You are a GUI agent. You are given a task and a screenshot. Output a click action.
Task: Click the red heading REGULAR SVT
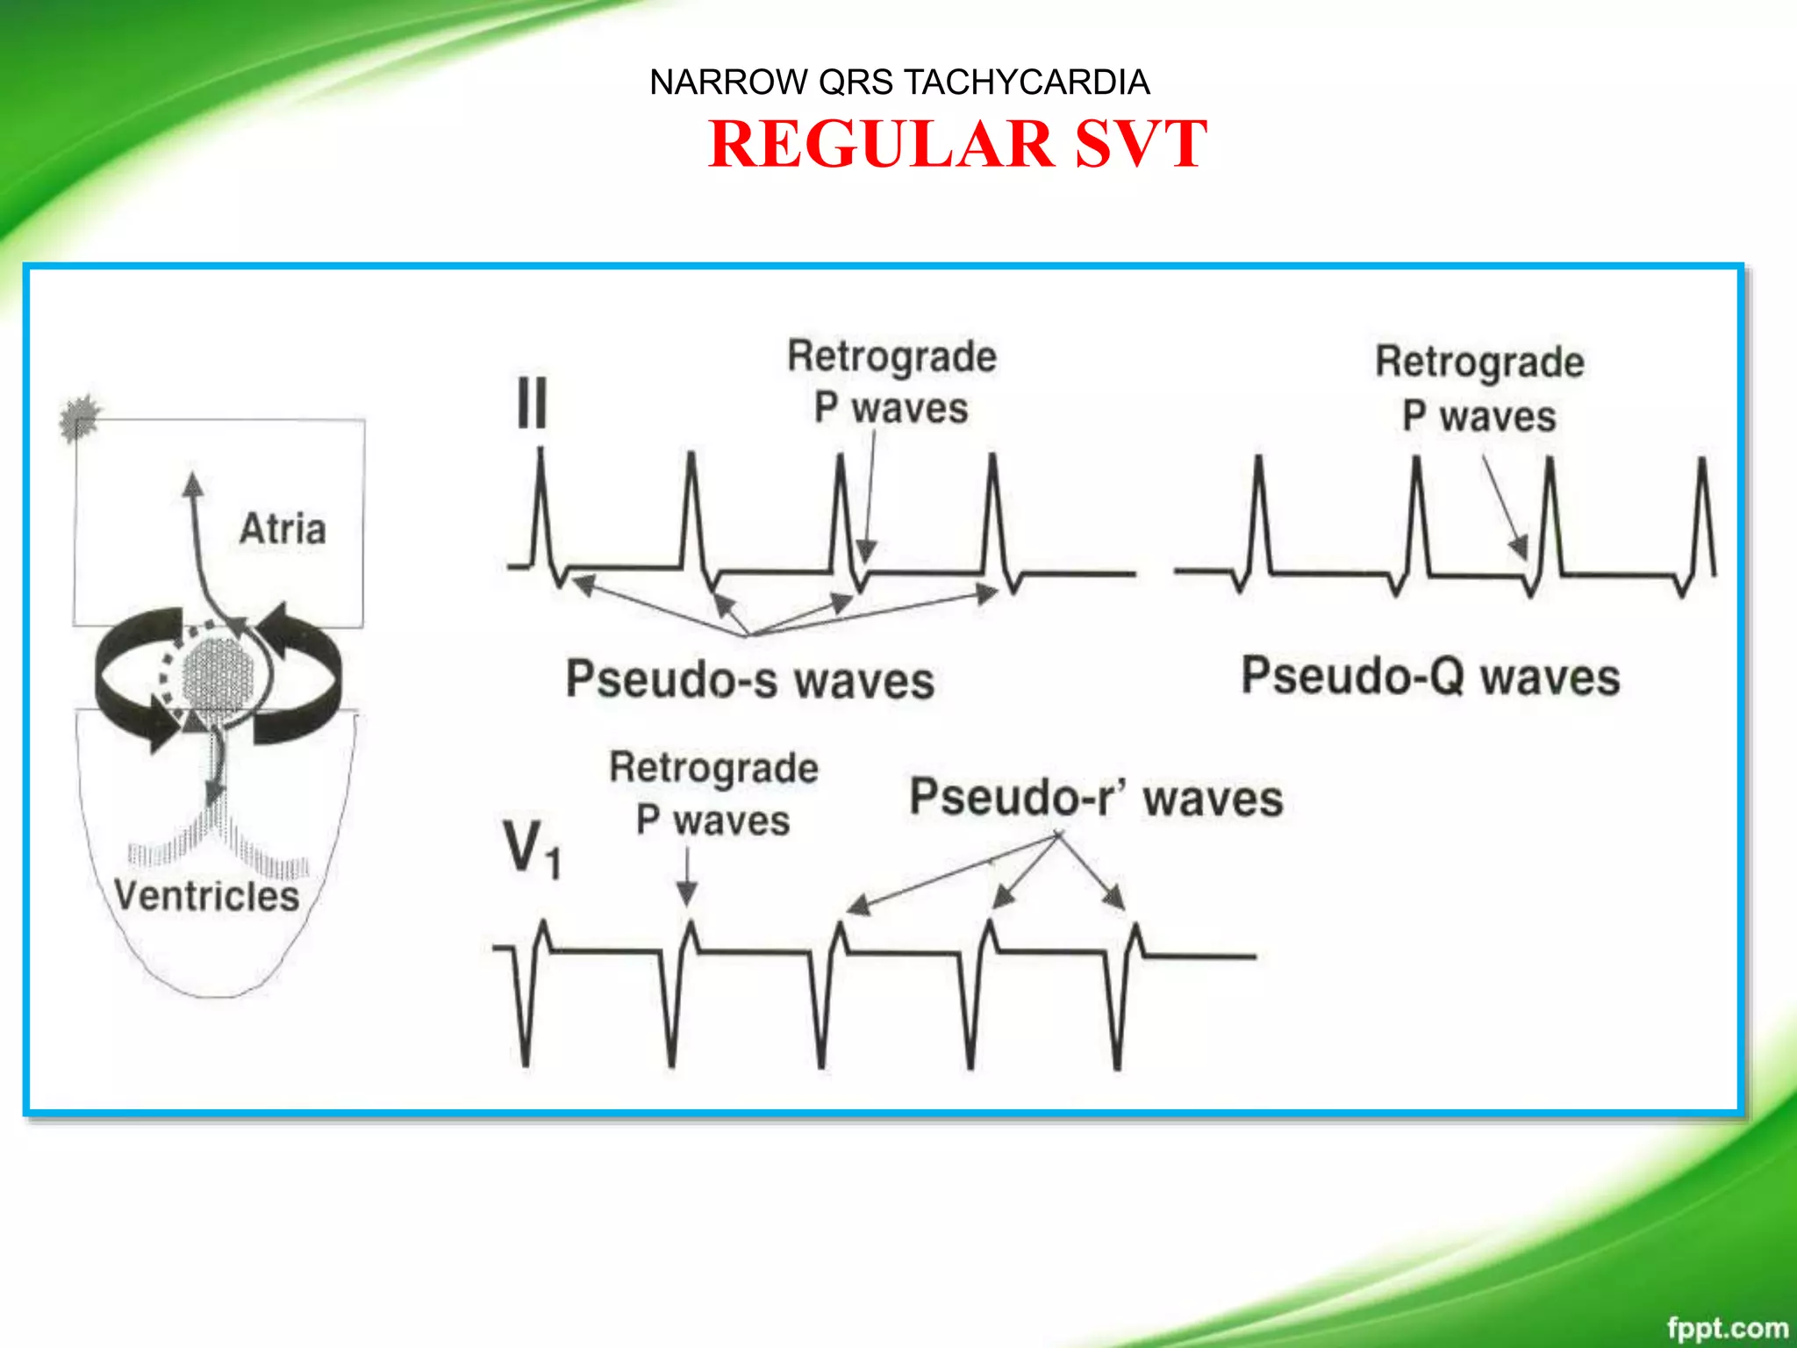(957, 144)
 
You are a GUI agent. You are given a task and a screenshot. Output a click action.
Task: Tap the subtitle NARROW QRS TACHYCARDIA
(899, 82)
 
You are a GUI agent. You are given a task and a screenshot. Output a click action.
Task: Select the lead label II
(532, 403)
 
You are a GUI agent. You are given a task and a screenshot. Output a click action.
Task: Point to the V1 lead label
(531, 850)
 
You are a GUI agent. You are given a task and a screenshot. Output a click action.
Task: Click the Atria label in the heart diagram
(283, 529)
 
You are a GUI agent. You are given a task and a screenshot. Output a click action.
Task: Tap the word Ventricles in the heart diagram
(207, 896)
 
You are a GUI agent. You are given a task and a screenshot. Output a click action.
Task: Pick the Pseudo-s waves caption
(749, 680)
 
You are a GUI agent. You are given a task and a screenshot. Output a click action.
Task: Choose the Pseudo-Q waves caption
(1430, 677)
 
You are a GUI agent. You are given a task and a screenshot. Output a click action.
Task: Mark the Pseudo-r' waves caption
(1096, 798)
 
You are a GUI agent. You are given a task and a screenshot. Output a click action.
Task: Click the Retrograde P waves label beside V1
(713, 793)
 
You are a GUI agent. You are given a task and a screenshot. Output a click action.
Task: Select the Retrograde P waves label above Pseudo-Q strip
(1479, 389)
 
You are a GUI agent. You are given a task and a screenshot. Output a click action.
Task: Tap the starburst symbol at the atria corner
(80, 417)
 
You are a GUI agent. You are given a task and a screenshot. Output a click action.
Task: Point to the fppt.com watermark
(1727, 1328)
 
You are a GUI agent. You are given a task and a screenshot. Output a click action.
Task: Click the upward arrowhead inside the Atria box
(193, 484)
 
